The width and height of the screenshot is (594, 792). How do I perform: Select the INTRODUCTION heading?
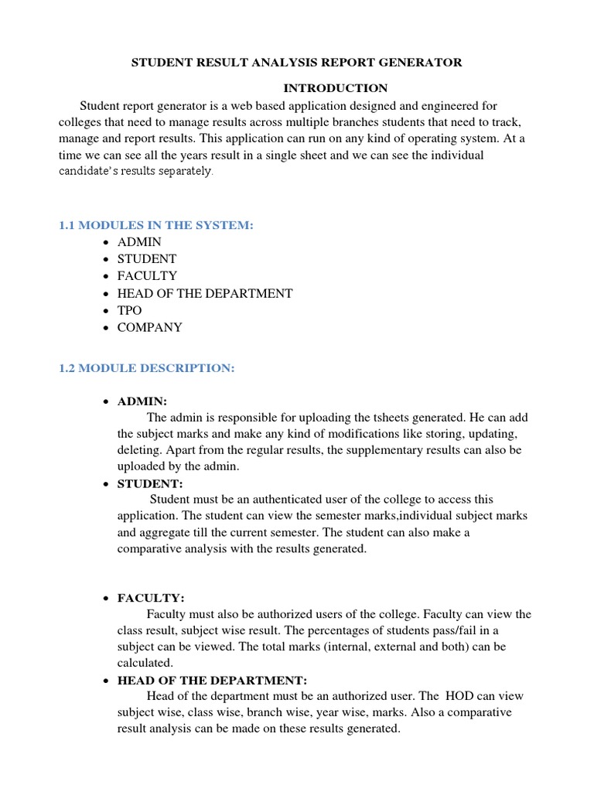click(335, 88)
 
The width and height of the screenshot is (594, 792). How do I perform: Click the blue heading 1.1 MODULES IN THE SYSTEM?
click(156, 225)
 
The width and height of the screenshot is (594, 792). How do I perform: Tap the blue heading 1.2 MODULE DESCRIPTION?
click(146, 368)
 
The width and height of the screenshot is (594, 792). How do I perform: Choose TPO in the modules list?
click(129, 310)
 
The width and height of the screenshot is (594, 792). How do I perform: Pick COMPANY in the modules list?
click(149, 327)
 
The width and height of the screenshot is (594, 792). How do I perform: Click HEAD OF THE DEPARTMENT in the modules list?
click(204, 293)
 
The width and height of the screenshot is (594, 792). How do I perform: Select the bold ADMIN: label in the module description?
click(142, 401)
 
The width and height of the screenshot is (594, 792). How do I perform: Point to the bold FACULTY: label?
click(151, 598)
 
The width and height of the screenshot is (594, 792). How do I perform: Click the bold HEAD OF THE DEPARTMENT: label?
click(212, 681)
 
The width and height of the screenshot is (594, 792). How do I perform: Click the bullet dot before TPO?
click(104, 311)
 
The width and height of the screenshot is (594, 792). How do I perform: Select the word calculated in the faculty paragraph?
click(145, 663)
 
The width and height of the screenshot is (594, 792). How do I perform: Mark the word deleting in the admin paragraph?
click(139, 450)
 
